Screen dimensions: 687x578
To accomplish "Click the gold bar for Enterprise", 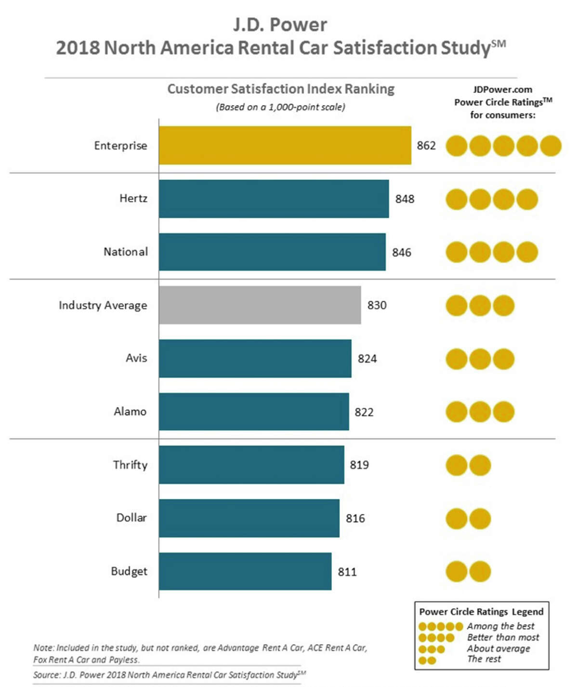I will coord(285,146).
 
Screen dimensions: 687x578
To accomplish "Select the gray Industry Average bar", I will coord(260,305).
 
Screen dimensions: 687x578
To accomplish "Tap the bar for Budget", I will coord(245,571).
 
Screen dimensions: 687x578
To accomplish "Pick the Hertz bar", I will coord(274,199).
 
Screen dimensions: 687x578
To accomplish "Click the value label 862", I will coord(426,146).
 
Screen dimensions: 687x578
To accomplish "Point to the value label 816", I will coord(355,518).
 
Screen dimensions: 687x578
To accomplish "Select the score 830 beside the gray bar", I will coord(377,305).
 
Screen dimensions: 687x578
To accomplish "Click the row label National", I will coord(126,252).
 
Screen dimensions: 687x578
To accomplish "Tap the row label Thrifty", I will coord(130,465).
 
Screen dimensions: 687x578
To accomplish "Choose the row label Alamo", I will coord(130,412).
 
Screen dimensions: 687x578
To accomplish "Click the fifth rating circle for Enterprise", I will coord(551,146).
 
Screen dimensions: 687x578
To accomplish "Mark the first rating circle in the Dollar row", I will coord(457,519).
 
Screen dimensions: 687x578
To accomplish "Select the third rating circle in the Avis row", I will coord(503,359).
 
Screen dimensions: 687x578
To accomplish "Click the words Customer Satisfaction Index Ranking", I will coord(281,89).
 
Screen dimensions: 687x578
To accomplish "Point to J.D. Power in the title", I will coord(280,25).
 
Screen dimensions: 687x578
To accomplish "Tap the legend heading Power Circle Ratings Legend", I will coord(481,612).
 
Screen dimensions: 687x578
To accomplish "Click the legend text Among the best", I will coord(500,626).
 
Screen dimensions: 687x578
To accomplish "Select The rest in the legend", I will coord(484,659).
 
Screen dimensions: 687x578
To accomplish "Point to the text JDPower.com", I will coord(502,90).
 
